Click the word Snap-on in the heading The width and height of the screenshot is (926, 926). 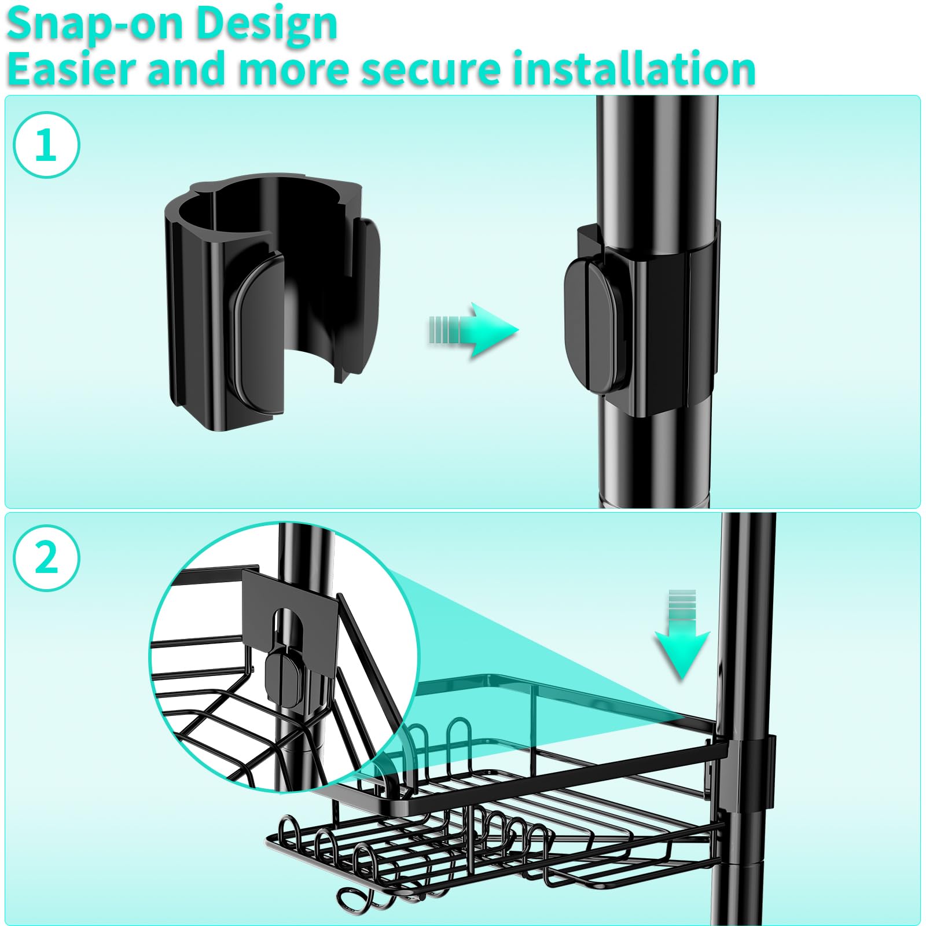(95, 24)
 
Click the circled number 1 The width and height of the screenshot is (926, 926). (46, 145)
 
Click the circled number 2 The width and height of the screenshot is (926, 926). (46, 558)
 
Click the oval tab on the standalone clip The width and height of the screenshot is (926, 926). (258, 336)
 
